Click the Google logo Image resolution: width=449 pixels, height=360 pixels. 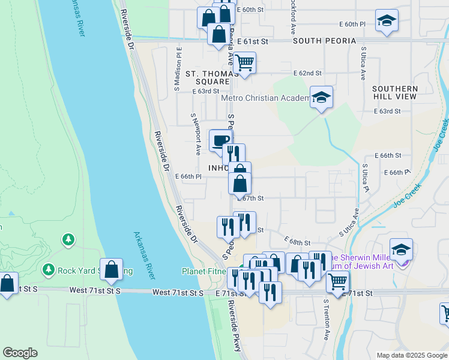point(20,353)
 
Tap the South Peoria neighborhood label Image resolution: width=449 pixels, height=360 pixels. point(324,41)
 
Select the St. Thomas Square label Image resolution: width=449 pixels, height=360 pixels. point(208,77)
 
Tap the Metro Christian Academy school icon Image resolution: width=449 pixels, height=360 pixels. point(322,98)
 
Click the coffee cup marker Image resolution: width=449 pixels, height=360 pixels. point(220,141)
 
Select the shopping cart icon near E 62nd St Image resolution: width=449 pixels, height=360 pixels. point(245,62)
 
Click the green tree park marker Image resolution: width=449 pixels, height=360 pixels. point(68,241)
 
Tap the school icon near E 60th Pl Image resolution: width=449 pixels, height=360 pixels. point(387,21)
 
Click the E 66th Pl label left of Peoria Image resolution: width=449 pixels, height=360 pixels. point(187,176)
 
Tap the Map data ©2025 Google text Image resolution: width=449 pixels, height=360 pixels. point(411,355)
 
